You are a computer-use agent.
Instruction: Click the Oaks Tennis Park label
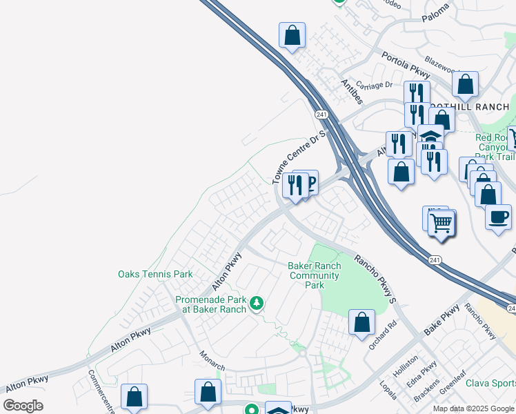[x=155, y=274]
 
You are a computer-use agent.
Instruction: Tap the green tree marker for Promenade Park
[x=257, y=303]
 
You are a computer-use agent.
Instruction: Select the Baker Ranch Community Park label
[x=315, y=275]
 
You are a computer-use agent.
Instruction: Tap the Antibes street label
[x=352, y=91]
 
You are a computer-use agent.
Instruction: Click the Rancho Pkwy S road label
[x=377, y=279]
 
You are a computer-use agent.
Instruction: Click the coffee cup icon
[x=498, y=217]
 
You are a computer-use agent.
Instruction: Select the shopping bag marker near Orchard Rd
[x=361, y=322]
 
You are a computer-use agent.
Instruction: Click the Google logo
[x=23, y=406]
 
